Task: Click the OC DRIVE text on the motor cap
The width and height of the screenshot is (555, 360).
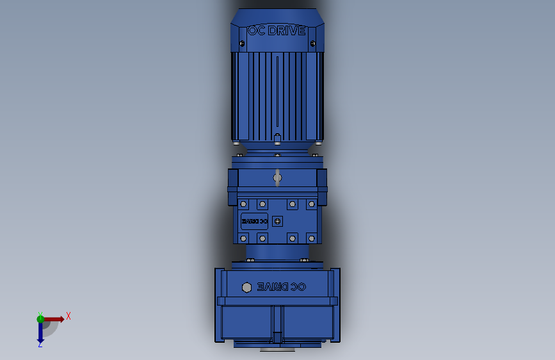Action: pos(277,30)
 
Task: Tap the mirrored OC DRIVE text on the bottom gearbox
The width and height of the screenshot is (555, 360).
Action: pos(282,286)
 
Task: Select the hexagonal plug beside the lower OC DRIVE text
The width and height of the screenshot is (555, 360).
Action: pos(246,286)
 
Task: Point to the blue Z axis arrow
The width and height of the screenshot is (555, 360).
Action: pos(40,332)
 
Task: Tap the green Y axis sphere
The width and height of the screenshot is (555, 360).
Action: pos(40,318)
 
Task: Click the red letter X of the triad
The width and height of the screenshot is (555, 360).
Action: pos(68,316)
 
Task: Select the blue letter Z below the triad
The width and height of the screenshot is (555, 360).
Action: pos(40,345)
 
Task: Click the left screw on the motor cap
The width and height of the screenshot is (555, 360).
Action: pos(242,44)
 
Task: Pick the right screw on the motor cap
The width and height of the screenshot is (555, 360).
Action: pos(312,44)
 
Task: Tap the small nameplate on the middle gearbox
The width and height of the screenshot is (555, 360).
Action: pos(254,221)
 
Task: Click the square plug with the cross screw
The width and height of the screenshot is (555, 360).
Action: pos(277,221)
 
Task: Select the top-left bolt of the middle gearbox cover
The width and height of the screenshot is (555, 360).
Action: pos(243,204)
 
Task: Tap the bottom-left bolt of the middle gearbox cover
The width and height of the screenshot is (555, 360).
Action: pos(243,238)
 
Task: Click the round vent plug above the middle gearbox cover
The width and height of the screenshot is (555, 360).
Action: pos(277,177)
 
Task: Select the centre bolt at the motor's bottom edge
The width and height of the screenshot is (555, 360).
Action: pos(277,137)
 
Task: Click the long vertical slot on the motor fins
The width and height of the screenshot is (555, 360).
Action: pos(277,93)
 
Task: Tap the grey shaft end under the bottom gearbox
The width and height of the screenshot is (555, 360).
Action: pos(277,350)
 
